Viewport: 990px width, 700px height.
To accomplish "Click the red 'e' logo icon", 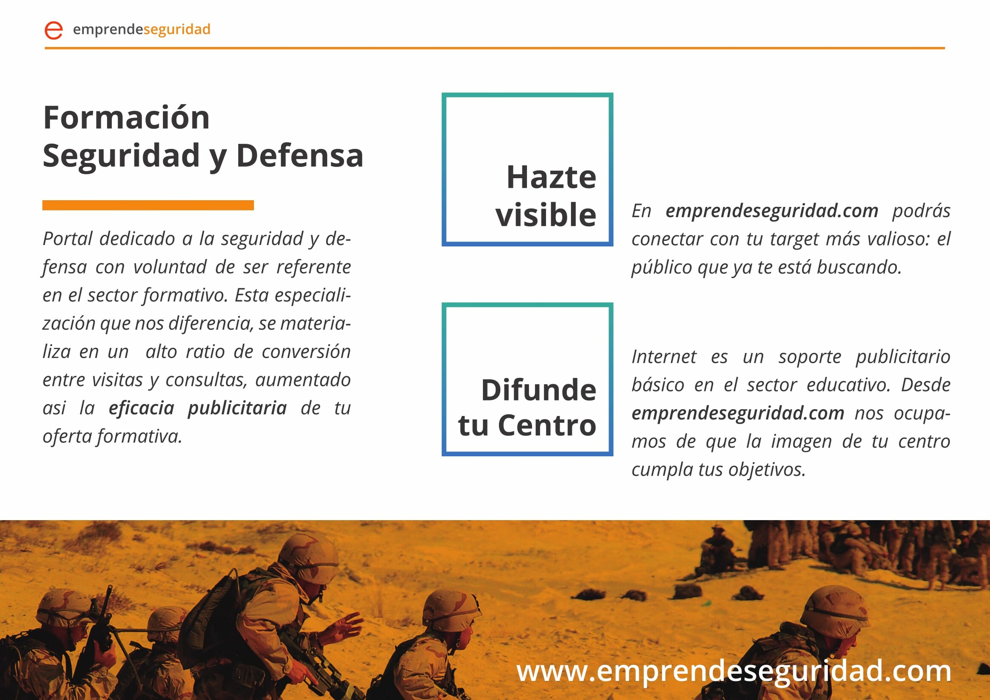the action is [x=54, y=30].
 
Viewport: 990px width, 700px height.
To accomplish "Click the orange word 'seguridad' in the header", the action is [x=177, y=30].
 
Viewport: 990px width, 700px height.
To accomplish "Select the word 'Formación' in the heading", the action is [x=126, y=117].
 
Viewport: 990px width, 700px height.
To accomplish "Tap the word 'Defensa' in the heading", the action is [x=300, y=155].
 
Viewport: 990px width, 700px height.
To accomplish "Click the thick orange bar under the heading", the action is [x=148, y=205].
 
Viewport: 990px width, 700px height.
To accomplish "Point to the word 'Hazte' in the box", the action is [x=551, y=177].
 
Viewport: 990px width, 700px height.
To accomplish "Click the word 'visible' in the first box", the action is [x=546, y=214].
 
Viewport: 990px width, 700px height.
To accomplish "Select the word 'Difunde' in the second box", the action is [x=538, y=390].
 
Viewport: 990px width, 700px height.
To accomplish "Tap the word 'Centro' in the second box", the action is [x=547, y=425].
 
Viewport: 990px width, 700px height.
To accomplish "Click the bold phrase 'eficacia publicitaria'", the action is [x=197, y=408].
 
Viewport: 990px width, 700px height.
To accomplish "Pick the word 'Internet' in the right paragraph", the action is [x=664, y=357].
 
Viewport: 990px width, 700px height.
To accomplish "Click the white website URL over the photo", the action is [x=734, y=671].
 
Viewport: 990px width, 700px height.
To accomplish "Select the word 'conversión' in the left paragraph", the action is [x=306, y=352].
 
